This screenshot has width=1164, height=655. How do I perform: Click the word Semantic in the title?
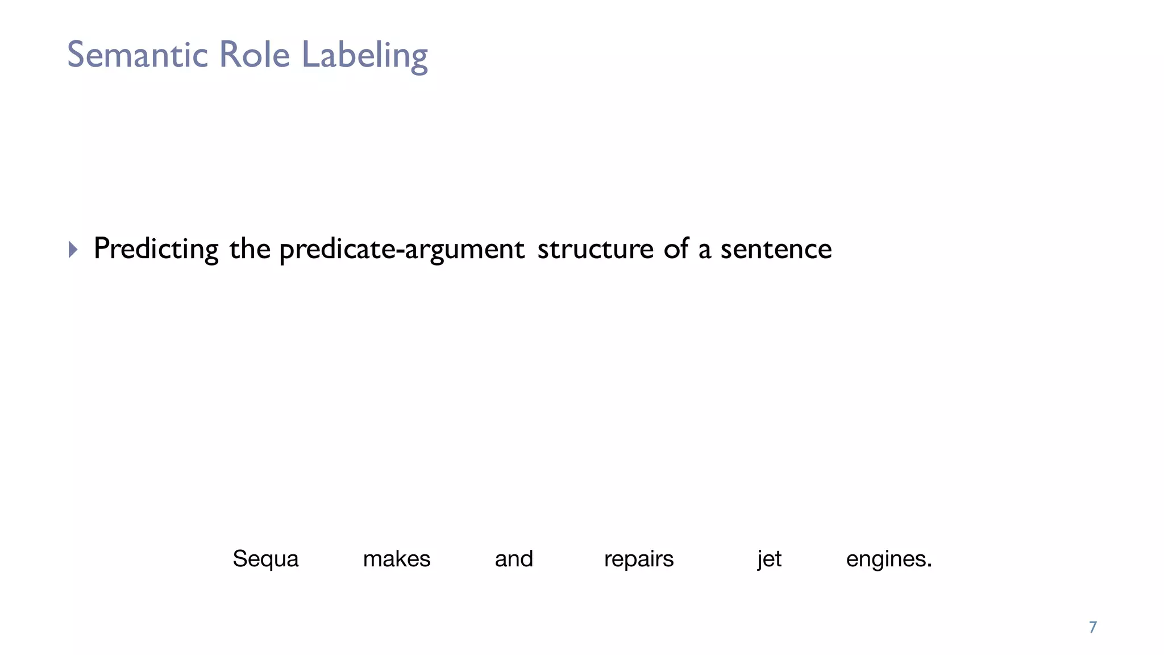pyautogui.click(x=138, y=55)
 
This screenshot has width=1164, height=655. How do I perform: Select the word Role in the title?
pyautogui.click(x=254, y=55)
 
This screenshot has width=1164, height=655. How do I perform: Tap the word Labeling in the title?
pyautogui.click(x=364, y=56)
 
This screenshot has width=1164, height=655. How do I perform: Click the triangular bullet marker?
pyautogui.click(x=73, y=249)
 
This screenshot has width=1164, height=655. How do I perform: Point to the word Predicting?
pyautogui.click(x=156, y=249)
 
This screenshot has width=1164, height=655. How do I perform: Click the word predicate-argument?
pyautogui.click(x=402, y=249)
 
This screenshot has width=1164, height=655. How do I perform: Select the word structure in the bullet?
pyautogui.click(x=595, y=249)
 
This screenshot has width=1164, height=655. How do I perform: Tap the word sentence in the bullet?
pyautogui.click(x=776, y=249)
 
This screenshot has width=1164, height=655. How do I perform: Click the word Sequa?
pyautogui.click(x=265, y=559)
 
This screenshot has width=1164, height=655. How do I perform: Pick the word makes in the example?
pyautogui.click(x=397, y=559)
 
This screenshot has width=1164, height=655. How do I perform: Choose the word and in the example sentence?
pyautogui.click(x=514, y=559)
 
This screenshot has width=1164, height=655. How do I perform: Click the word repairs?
pyautogui.click(x=639, y=559)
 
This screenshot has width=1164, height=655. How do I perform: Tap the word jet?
pyautogui.click(x=770, y=559)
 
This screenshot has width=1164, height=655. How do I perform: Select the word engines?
pyautogui.click(x=887, y=559)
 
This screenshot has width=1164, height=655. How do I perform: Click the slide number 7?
pyautogui.click(x=1092, y=627)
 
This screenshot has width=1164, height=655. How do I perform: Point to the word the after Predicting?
pyautogui.click(x=250, y=249)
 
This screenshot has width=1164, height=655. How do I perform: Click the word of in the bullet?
pyautogui.click(x=676, y=249)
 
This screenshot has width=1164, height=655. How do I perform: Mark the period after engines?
pyautogui.click(x=929, y=566)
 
